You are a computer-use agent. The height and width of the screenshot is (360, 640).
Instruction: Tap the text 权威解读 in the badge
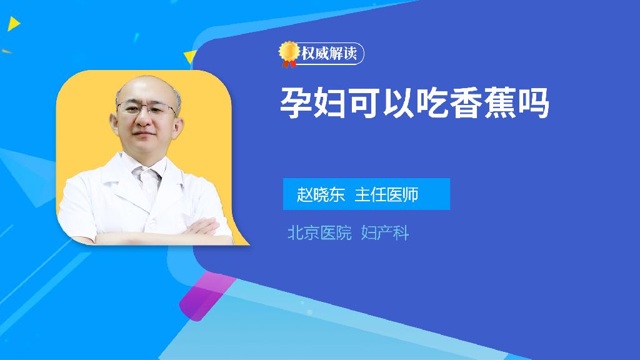pos(329,54)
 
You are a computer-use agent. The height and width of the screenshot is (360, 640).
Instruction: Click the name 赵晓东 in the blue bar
pos(321,194)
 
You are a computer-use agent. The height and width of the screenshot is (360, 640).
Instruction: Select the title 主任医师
pos(386,194)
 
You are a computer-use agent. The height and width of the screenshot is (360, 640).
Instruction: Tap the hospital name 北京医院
pos(319,233)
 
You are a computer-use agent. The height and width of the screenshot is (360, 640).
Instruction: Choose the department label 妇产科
pos(385,233)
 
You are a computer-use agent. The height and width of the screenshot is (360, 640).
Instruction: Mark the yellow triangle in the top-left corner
pos(14,24)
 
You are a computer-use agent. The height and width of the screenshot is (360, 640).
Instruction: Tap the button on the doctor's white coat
pos(152,223)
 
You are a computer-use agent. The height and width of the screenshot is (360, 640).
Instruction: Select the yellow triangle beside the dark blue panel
pos(190,57)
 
